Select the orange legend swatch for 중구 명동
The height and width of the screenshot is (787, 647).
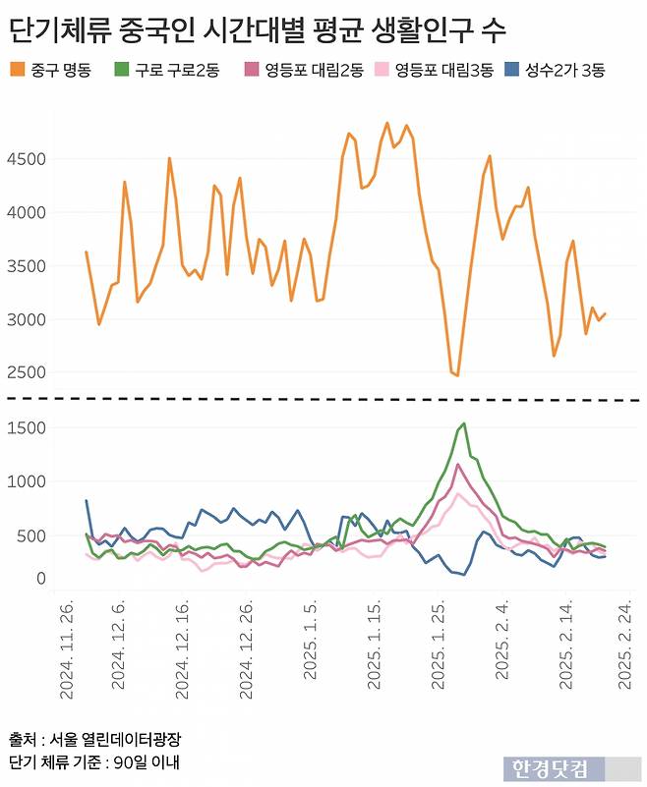(17, 70)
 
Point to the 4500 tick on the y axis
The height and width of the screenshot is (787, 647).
(25, 159)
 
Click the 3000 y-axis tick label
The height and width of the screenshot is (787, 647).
(25, 320)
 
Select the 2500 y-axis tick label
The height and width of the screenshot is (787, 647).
(25, 373)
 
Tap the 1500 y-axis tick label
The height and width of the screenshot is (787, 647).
(25, 428)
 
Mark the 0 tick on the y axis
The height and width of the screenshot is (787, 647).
(40, 580)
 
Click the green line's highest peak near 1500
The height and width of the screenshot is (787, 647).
(463, 423)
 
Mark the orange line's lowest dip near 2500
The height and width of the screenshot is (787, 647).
(457, 375)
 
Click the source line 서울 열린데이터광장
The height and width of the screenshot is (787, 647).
(95, 739)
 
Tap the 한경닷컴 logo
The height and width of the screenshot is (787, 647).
(550, 768)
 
